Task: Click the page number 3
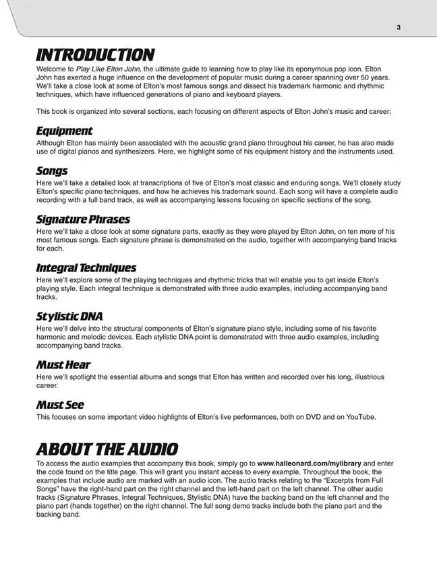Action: tap(399, 28)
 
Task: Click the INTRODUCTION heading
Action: tap(95, 55)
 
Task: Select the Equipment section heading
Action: tap(64, 131)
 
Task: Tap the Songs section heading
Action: tap(52, 171)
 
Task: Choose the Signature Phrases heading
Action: tap(83, 220)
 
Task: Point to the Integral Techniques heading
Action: tap(86, 268)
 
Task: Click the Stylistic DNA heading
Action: tap(69, 317)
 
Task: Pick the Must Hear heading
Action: tap(63, 365)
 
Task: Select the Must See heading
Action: tap(60, 405)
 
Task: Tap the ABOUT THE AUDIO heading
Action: tap(107, 449)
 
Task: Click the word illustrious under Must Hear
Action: tap(363, 377)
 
